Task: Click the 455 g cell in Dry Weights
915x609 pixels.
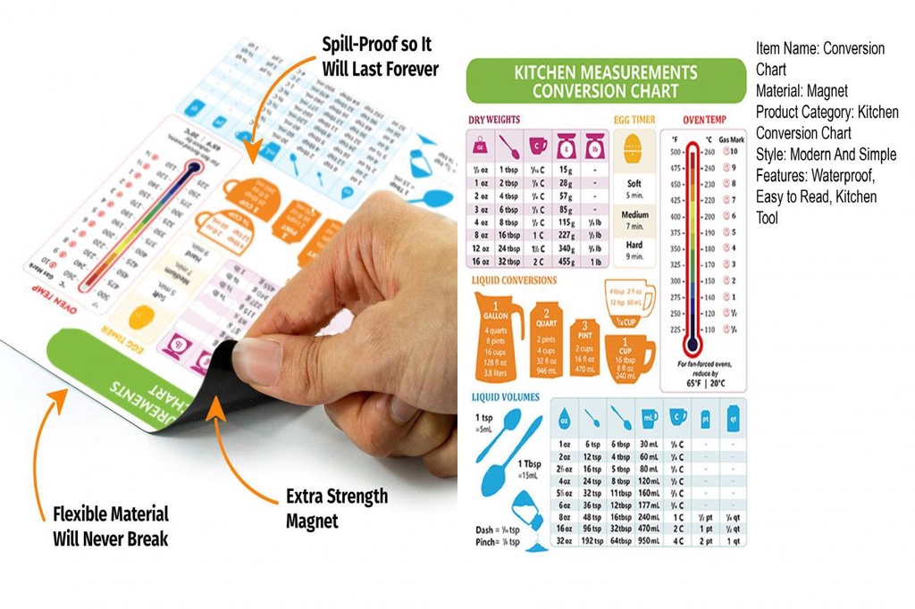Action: (566, 261)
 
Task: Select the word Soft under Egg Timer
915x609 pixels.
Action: (634, 183)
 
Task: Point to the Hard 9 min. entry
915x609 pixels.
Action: (634, 250)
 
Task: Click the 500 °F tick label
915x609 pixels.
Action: (676, 152)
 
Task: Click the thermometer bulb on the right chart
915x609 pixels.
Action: (690, 344)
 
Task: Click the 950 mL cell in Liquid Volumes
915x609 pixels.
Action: (649, 540)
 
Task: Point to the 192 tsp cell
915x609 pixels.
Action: (592, 540)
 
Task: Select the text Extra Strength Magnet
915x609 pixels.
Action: (336, 508)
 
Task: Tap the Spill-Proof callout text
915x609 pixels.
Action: (380, 56)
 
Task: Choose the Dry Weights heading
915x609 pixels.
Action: (494, 119)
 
